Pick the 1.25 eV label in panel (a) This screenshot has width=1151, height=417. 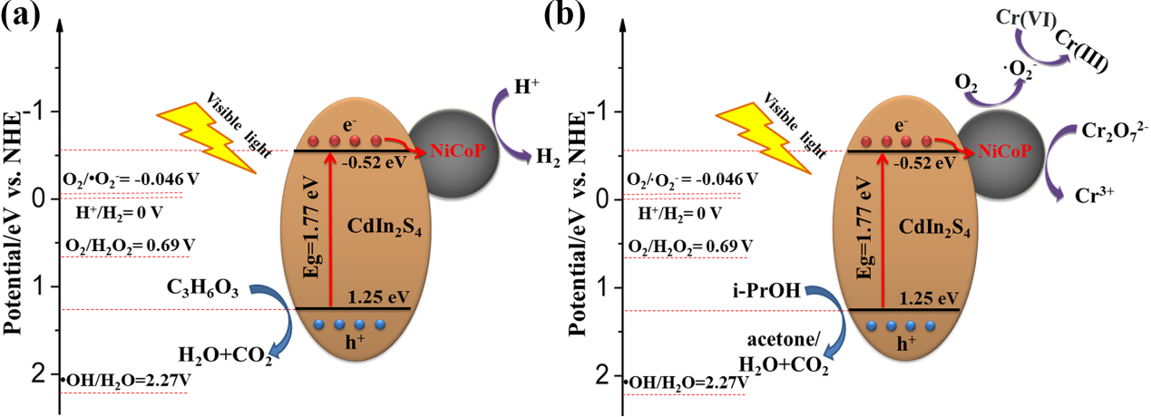[375, 296]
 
